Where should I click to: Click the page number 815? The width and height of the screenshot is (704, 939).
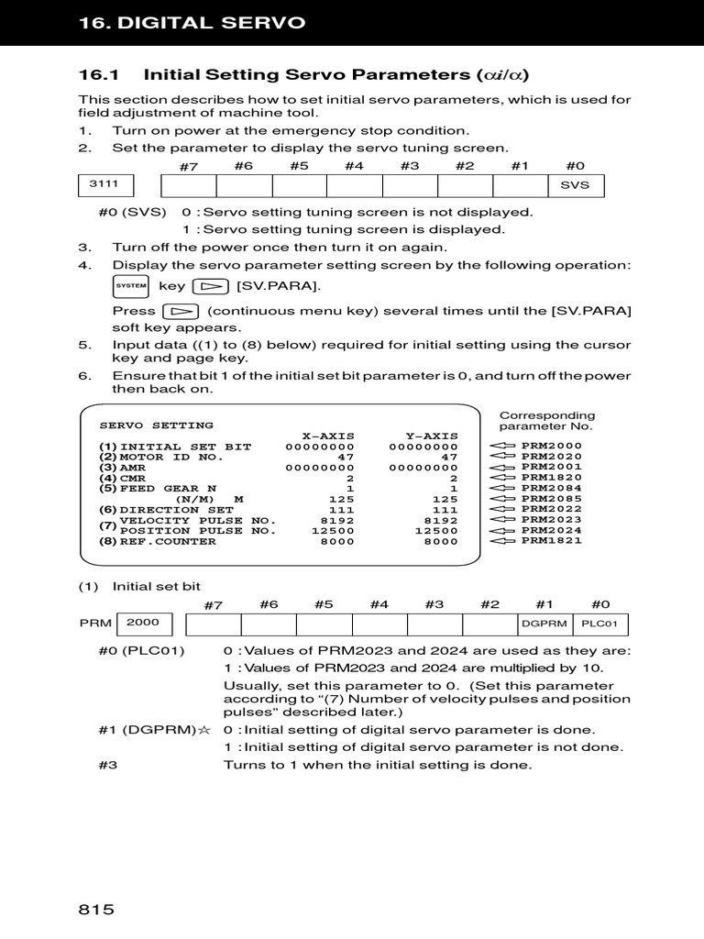tap(95, 910)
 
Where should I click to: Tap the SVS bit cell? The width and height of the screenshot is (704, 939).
tap(576, 185)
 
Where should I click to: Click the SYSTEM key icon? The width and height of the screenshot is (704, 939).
tap(131, 286)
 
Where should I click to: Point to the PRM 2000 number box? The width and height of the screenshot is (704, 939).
tap(143, 623)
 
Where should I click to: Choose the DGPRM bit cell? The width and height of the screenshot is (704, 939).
tap(544, 624)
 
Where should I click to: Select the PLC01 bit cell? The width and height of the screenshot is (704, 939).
tap(600, 624)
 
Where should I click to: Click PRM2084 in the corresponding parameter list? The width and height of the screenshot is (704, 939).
tap(551, 488)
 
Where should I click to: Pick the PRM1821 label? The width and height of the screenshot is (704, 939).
tap(551, 540)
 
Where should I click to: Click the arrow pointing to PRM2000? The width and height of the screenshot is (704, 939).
tap(502, 447)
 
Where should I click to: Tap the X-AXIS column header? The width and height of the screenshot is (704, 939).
tap(328, 436)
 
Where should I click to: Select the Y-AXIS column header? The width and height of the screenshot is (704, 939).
tap(431, 436)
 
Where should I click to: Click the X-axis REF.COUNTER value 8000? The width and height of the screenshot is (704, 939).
tap(336, 541)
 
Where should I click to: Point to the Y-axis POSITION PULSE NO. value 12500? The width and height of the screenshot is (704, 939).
tap(435, 530)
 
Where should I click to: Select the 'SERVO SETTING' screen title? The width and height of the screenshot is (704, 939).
tap(156, 425)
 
